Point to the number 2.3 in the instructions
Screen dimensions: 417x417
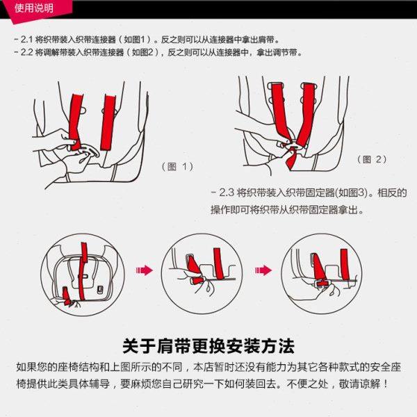click(226, 193)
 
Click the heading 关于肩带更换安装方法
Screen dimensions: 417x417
click(208, 345)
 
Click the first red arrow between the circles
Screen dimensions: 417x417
click(144, 270)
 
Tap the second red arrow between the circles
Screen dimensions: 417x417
click(264, 270)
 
